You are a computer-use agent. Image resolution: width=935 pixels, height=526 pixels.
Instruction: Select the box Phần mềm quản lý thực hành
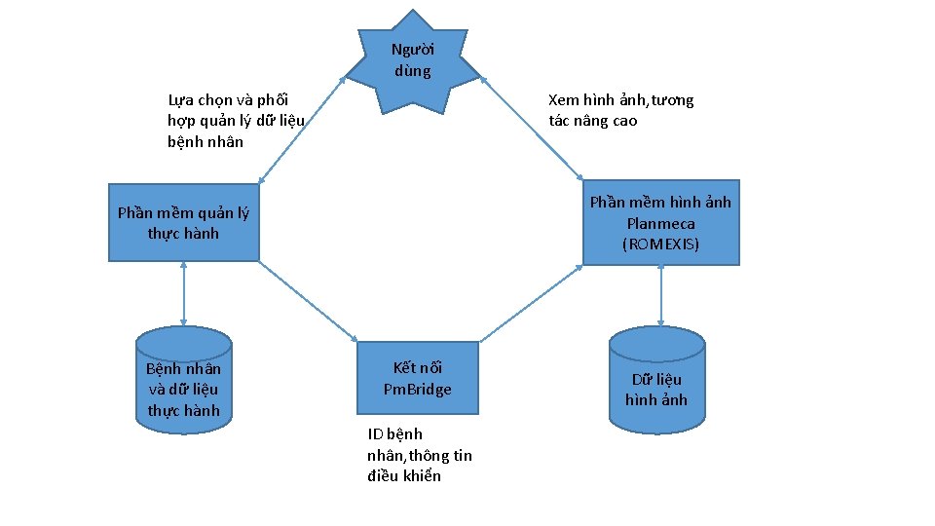[183, 223]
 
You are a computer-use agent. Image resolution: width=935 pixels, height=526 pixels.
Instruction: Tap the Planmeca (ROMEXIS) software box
[660, 223]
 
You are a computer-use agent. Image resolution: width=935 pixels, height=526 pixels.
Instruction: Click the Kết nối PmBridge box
[418, 378]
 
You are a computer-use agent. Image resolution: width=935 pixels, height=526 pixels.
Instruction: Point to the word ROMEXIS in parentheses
[660, 244]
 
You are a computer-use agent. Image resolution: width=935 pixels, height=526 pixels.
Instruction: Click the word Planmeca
[660, 223]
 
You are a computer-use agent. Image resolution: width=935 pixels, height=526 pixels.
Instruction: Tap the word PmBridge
[418, 390]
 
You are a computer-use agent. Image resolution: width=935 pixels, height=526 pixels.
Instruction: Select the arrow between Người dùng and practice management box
[302, 130]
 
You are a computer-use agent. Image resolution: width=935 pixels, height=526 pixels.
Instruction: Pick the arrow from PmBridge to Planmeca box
[531, 303]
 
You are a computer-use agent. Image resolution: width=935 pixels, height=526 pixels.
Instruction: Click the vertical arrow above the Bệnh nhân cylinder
[183, 293]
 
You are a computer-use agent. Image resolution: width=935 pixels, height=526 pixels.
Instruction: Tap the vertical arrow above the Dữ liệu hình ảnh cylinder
[661, 295]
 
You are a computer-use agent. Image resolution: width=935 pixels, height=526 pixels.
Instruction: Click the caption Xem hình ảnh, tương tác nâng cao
[620, 110]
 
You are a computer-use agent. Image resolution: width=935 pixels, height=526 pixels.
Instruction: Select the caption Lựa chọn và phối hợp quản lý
[236, 121]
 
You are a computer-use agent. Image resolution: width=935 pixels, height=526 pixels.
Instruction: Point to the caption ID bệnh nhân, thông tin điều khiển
[419, 455]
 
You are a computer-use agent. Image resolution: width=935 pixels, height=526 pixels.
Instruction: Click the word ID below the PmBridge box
[375, 434]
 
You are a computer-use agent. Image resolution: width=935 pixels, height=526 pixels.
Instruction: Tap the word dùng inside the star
[413, 71]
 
